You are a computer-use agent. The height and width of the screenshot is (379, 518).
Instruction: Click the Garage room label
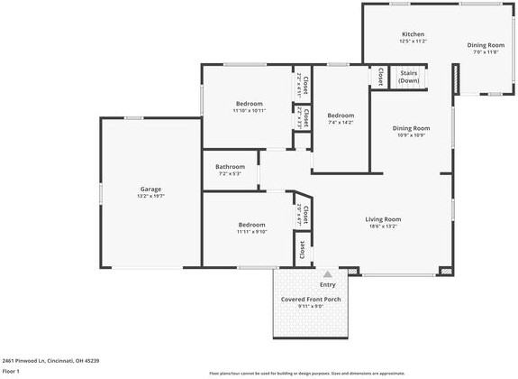click(150, 189)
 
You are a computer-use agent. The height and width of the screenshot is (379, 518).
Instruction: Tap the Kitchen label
click(413, 34)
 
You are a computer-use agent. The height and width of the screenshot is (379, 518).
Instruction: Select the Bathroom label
click(230, 166)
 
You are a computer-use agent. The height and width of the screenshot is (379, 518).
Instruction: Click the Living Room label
click(383, 218)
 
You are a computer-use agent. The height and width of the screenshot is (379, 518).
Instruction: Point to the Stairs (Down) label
click(409, 76)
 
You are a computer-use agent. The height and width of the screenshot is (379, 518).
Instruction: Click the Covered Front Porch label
click(310, 299)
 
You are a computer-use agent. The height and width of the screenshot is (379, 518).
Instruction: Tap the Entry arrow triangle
click(327, 273)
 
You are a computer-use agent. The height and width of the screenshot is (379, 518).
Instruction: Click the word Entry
click(327, 285)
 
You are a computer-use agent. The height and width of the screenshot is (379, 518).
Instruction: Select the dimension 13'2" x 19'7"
click(150, 196)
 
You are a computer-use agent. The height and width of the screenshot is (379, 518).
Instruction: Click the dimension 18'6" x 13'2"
click(383, 226)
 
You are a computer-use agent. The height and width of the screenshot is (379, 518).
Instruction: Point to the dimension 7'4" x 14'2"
click(341, 123)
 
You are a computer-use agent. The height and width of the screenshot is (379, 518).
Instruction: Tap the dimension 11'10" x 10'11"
click(250, 111)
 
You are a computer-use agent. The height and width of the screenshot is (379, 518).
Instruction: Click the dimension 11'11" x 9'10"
click(251, 232)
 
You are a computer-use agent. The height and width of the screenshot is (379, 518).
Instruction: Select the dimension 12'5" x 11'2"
click(413, 42)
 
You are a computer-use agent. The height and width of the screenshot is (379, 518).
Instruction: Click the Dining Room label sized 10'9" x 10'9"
click(411, 128)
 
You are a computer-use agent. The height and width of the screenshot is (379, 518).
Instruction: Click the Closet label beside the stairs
click(381, 77)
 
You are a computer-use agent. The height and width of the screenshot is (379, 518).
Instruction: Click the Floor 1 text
click(12, 371)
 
